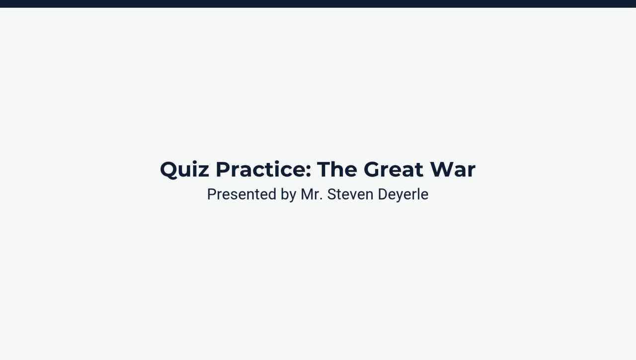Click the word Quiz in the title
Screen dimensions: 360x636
pyautogui.click(x=184, y=170)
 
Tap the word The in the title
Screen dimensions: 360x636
pyautogui.click(x=337, y=170)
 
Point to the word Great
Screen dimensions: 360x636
pyautogui.click(x=394, y=170)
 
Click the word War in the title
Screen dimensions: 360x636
pyautogui.click(x=453, y=170)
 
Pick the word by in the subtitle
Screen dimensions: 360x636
pyautogui.click(x=289, y=195)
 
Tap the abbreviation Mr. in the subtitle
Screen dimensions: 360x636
pyautogui.click(x=312, y=194)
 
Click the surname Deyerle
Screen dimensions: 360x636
pyautogui.click(x=403, y=195)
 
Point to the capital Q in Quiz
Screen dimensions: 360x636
pyautogui.click(x=169, y=170)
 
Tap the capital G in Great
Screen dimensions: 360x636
pyautogui.click(x=374, y=170)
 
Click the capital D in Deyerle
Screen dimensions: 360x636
pyautogui.click(x=383, y=194)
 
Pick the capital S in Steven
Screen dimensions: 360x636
pyautogui.click(x=332, y=194)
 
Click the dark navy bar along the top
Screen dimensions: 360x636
pyautogui.click(x=318, y=3)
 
